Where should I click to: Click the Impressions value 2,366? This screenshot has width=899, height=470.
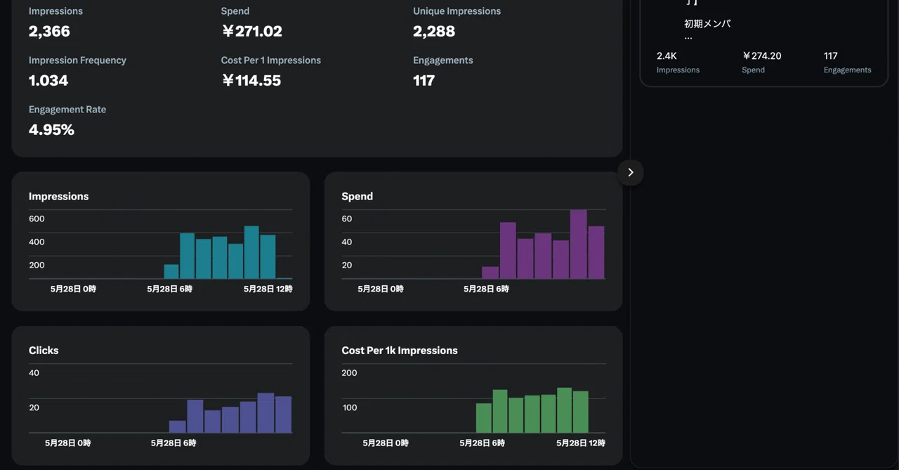(49, 32)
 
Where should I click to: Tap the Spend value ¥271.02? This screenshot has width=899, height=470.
(252, 32)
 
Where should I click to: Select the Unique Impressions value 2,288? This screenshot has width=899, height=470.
(434, 32)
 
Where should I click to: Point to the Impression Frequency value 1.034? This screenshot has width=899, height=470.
(48, 81)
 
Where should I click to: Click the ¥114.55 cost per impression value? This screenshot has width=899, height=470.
(251, 81)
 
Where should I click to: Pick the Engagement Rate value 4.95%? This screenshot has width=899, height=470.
(51, 130)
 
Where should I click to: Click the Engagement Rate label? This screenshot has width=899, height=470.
(67, 109)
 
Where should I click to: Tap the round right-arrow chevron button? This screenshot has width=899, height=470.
(631, 173)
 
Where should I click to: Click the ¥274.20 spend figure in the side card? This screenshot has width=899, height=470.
(761, 56)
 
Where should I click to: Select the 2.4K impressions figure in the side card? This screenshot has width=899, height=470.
(667, 56)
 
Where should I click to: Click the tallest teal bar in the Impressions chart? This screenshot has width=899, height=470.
(251, 252)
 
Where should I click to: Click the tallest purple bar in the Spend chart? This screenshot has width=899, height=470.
(578, 244)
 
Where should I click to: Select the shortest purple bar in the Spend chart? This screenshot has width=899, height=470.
(490, 273)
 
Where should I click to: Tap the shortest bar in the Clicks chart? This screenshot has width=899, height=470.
(178, 426)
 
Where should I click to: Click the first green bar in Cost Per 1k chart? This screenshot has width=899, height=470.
(484, 418)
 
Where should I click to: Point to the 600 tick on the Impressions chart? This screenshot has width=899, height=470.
(37, 218)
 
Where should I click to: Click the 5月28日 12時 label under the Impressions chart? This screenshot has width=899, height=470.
(268, 289)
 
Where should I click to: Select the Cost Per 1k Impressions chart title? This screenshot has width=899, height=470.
(400, 351)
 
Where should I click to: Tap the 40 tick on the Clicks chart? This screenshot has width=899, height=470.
(34, 373)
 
